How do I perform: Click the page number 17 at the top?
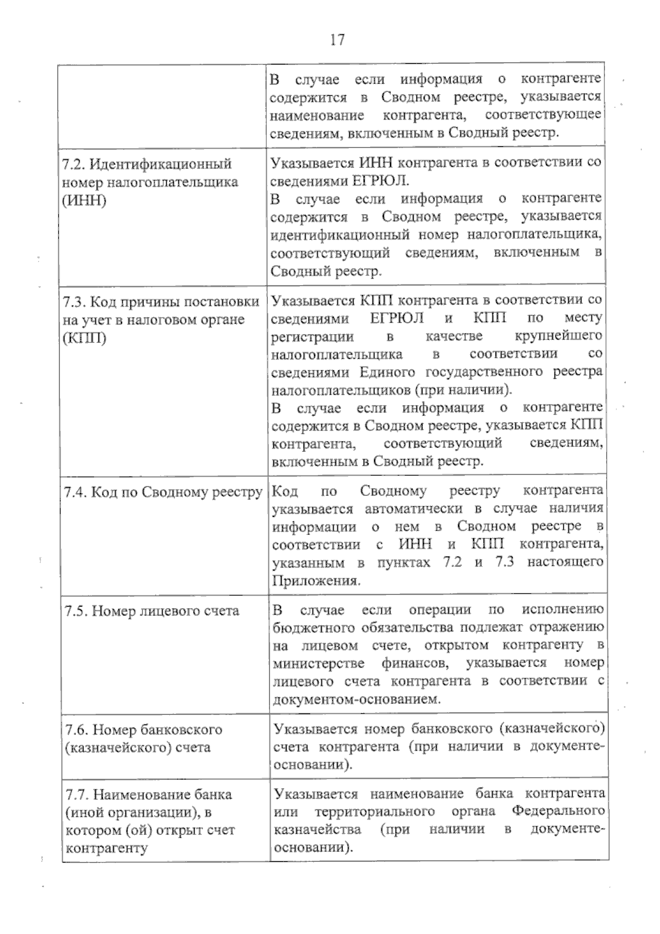click(337, 40)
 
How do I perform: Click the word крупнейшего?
click(558, 336)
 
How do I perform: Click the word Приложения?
click(316, 581)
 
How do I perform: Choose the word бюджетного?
click(313, 627)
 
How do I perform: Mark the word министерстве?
click(317, 663)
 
